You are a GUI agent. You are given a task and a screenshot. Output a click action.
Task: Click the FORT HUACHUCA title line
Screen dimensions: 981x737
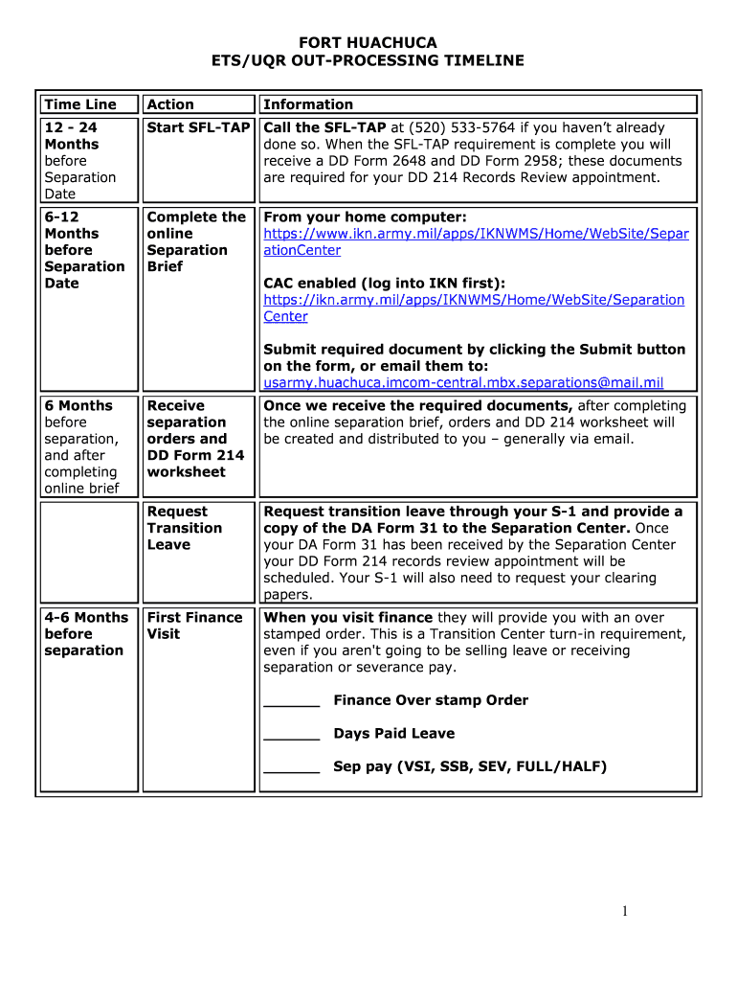tap(368, 43)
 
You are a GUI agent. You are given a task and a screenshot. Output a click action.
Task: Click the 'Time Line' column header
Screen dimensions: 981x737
tap(80, 104)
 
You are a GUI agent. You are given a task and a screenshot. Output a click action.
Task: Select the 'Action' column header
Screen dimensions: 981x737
tap(170, 104)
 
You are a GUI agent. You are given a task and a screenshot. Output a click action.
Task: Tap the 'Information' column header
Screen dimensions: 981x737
tap(308, 104)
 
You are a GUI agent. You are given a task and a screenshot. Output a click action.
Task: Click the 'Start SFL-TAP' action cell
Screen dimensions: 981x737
tap(198, 128)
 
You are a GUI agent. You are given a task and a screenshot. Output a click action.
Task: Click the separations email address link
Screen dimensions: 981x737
tap(463, 383)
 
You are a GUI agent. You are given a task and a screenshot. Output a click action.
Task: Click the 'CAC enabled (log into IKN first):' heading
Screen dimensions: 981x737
tap(384, 284)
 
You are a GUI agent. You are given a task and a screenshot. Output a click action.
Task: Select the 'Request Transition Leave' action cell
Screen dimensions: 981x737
tap(185, 528)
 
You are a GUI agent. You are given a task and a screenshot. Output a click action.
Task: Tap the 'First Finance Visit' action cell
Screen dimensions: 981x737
tap(194, 626)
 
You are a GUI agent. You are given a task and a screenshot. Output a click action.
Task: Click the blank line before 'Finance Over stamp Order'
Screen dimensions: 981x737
tap(291, 701)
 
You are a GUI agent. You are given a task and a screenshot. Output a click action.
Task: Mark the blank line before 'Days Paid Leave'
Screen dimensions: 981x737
tap(291, 735)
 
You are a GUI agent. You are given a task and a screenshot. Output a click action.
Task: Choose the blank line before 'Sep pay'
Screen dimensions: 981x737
tap(291, 767)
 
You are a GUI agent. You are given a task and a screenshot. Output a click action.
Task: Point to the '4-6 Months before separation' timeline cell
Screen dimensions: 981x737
tap(85, 634)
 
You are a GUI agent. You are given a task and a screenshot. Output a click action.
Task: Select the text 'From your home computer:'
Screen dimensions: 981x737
tap(365, 217)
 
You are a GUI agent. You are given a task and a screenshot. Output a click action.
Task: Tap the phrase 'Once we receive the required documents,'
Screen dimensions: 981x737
tap(417, 406)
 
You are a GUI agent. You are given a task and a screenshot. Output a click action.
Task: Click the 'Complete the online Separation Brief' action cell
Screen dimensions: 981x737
tap(195, 241)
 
